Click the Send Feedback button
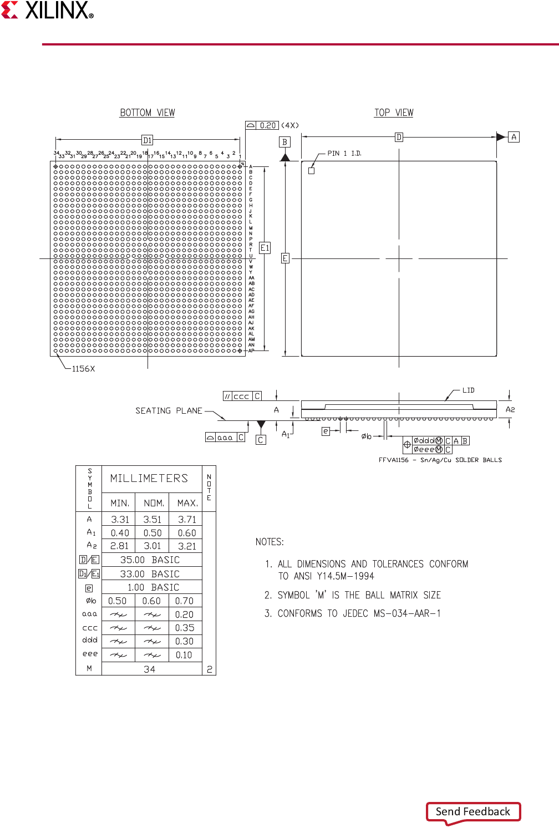tap(473, 811)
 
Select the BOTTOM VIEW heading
tap(148, 113)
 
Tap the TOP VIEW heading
tap(394, 113)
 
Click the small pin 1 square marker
tap(311, 171)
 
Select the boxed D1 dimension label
tap(147, 140)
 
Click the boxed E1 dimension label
tap(265, 248)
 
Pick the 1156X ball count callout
tap(83, 369)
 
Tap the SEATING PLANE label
tap(169, 410)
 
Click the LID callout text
tap(469, 390)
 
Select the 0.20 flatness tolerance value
tap(268, 125)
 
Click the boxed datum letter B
tap(285, 142)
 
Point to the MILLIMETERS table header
tap(149, 478)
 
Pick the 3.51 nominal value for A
tap(153, 520)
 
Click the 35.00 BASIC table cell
tap(150, 560)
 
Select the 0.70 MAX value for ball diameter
tap(185, 601)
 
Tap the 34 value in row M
tap(150, 669)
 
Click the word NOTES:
tap(270, 542)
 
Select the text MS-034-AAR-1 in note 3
tap(407, 613)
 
